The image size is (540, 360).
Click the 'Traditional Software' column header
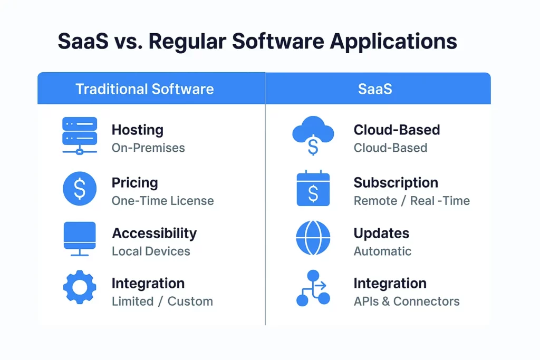tap(144, 89)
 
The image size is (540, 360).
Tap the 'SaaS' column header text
tap(375, 89)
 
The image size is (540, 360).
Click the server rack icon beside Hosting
tap(80, 136)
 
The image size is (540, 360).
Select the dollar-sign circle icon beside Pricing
tap(80, 189)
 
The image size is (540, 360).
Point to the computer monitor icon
tap(80, 239)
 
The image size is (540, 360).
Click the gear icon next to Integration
tap(80, 287)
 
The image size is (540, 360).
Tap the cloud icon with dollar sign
tap(313, 135)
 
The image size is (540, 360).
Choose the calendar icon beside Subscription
tap(313, 188)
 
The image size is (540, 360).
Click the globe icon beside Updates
tap(313, 238)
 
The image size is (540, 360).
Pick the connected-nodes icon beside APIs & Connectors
tap(313, 288)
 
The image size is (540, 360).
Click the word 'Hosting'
tap(138, 130)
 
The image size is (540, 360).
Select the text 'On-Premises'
tap(148, 148)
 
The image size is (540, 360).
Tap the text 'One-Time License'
tap(162, 201)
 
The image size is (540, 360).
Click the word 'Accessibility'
tap(155, 233)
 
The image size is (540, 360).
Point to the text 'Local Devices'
tap(151, 251)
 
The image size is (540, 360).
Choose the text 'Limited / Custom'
tap(162, 301)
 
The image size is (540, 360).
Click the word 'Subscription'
tap(396, 183)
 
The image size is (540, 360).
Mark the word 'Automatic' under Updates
tap(382, 251)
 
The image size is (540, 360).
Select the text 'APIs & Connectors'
tap(407, 301)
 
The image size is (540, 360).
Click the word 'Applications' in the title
tap(393, 42)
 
